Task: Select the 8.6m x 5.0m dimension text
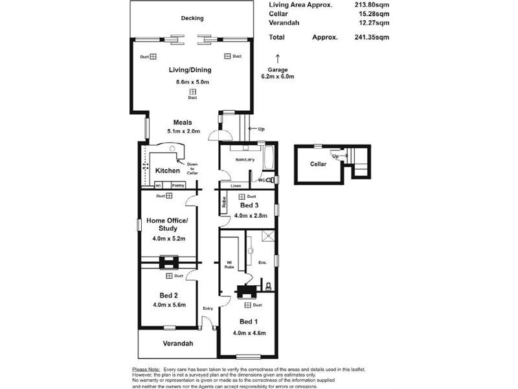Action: [x=192, y=82]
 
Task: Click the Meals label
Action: [x=182, y=122]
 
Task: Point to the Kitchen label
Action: [x=167, y=171]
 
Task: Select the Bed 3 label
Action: [x=248, y=206]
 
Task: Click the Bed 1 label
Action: [x=248, y=322]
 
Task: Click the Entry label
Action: [x=207, y=309]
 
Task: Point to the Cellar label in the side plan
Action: [x=318, y=164]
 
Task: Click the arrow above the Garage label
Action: [x=278, y=58]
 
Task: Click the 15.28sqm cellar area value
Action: [x=376, y=13]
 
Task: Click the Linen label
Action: [x=236, y=185]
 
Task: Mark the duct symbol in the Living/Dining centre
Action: [x=192, y=91]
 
